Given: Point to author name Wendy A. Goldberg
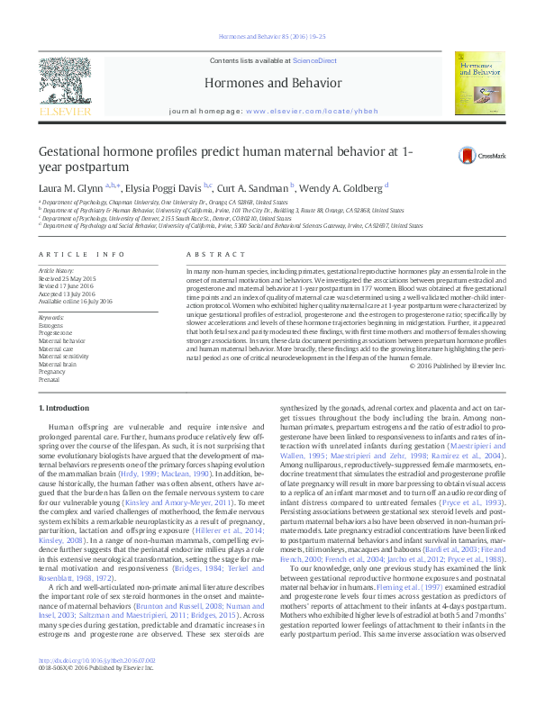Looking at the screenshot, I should (x=341, y=188).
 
